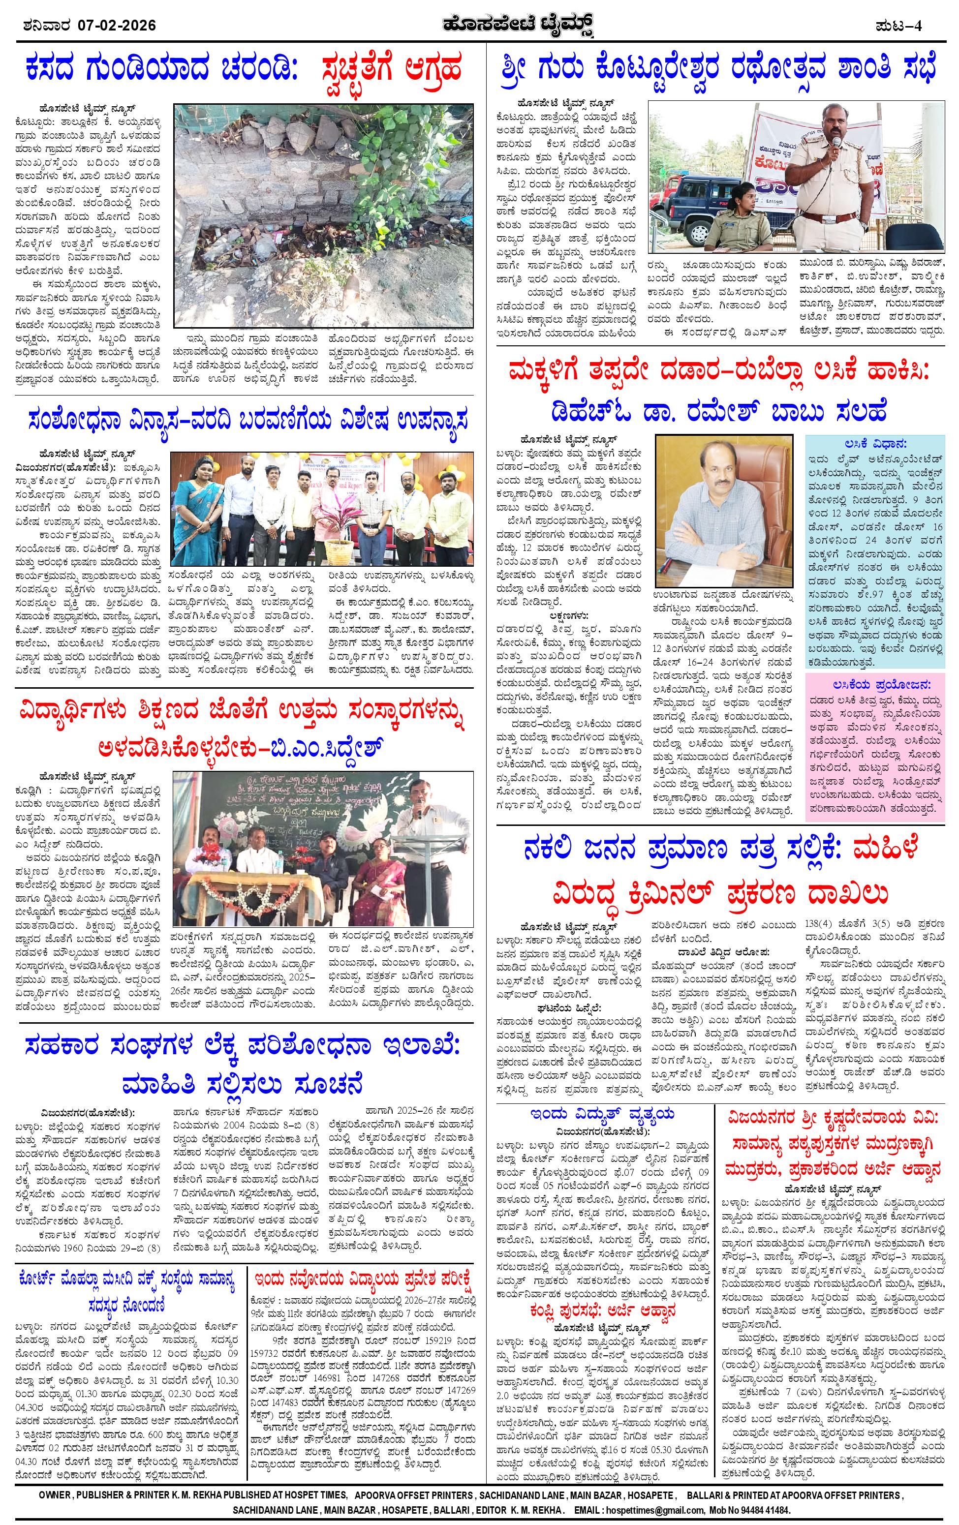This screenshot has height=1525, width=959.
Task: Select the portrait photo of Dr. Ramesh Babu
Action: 725,509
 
